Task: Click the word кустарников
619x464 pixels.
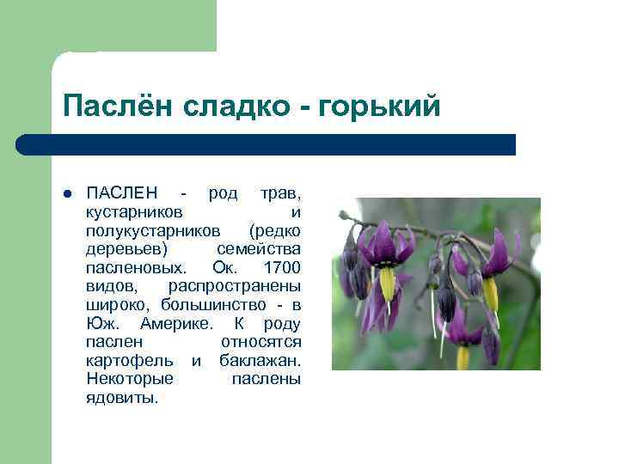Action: click(x=134, y=211)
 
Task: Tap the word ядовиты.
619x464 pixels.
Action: click(x=122, y=399)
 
